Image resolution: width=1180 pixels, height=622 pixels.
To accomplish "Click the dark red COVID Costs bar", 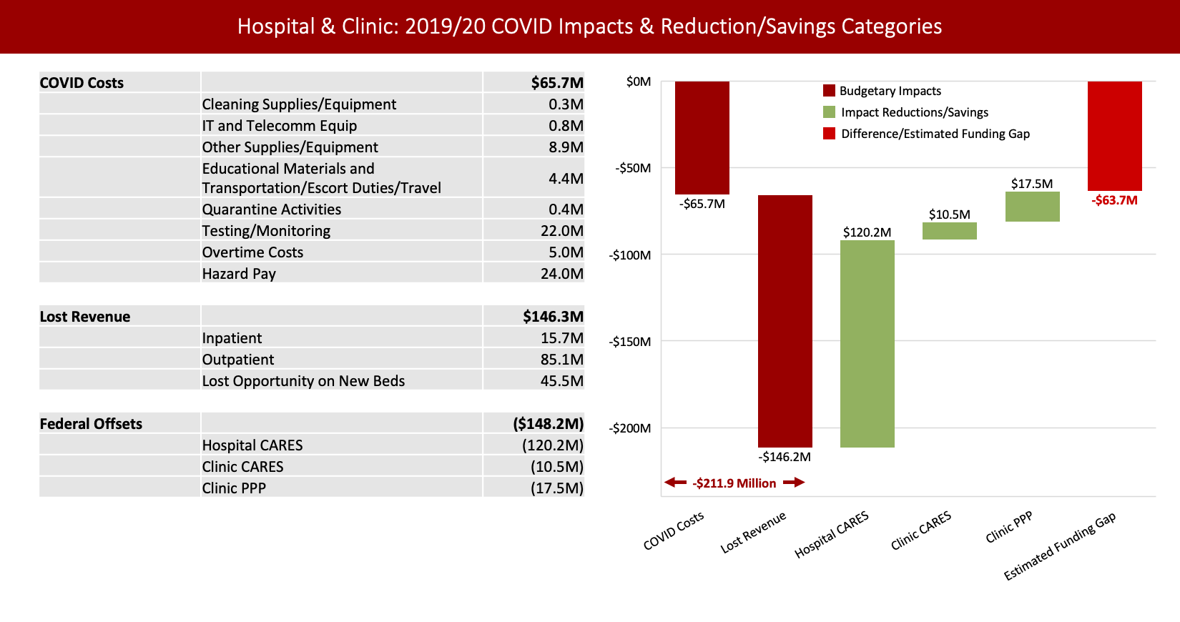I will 702,137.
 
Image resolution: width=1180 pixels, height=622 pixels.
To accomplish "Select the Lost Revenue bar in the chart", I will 785,321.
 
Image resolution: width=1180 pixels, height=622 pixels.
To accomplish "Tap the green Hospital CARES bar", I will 867,343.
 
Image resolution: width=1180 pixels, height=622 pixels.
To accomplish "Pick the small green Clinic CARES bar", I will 949,231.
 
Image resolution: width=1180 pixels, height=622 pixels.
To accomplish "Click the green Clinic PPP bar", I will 1032,207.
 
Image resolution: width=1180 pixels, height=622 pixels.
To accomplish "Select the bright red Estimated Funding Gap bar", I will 1114,136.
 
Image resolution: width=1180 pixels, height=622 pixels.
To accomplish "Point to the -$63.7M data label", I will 1114,200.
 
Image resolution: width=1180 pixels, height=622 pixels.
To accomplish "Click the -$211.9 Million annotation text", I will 734,483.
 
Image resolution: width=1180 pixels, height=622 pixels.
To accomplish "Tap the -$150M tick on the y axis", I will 630,342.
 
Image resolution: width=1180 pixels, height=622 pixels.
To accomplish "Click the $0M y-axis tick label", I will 639,82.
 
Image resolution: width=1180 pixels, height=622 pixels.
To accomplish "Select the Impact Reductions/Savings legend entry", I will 914,112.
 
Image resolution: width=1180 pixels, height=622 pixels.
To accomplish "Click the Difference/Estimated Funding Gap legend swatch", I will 829,134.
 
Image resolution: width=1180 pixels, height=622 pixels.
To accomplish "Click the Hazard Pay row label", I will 239,274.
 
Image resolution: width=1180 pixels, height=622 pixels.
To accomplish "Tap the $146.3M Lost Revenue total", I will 553,317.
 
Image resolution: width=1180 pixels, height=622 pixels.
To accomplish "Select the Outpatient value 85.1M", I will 561,360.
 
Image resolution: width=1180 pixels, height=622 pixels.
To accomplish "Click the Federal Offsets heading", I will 91,424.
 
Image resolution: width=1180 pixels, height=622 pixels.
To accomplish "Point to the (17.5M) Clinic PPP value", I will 556,488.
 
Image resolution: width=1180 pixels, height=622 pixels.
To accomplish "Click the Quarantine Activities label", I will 271,209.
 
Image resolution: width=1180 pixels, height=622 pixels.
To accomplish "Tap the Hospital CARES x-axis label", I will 832,535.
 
